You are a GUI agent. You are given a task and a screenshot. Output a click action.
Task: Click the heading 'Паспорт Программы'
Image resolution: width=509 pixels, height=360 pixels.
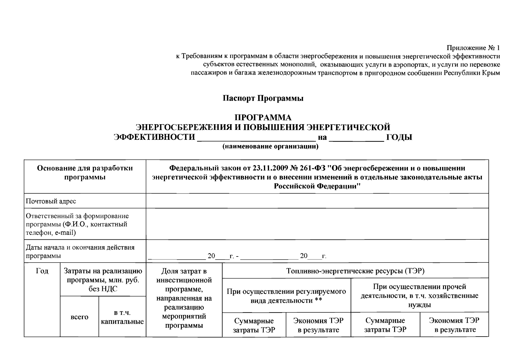[x=263, y=98]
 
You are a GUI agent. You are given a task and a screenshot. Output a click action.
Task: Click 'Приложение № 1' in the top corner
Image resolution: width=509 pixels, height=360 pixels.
[x=473, y=48]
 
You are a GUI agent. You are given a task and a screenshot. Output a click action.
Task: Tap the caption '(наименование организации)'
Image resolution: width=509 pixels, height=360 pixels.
[x=270, y=146]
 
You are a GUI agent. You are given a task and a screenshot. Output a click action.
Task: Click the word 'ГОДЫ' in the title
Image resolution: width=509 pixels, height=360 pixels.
[x=399, y=137]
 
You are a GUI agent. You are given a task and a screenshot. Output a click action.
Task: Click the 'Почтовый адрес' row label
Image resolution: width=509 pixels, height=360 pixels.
[x=51, y=201]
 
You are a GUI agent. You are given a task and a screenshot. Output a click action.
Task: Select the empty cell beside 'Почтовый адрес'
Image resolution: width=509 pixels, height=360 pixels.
[x=317, y=201]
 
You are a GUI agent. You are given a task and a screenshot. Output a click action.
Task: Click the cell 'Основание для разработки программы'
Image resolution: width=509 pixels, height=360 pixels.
[x=85, y=172]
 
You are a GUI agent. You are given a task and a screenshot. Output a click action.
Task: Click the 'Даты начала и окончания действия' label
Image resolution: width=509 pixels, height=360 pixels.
[x=80, y=247]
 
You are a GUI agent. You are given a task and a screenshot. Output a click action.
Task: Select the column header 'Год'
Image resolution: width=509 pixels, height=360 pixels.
[x=42, y=271]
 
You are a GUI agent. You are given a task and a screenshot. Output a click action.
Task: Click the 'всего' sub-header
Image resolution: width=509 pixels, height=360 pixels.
[x=79, y=317]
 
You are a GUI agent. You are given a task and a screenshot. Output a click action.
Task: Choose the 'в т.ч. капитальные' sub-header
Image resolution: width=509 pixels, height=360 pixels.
[x=122, y=317]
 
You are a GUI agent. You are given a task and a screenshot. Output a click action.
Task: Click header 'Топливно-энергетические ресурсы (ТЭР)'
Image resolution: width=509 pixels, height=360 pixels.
[x=355, y=271]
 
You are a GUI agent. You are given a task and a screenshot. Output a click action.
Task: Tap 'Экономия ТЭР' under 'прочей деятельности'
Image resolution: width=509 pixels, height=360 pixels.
[x=454, y=321]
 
